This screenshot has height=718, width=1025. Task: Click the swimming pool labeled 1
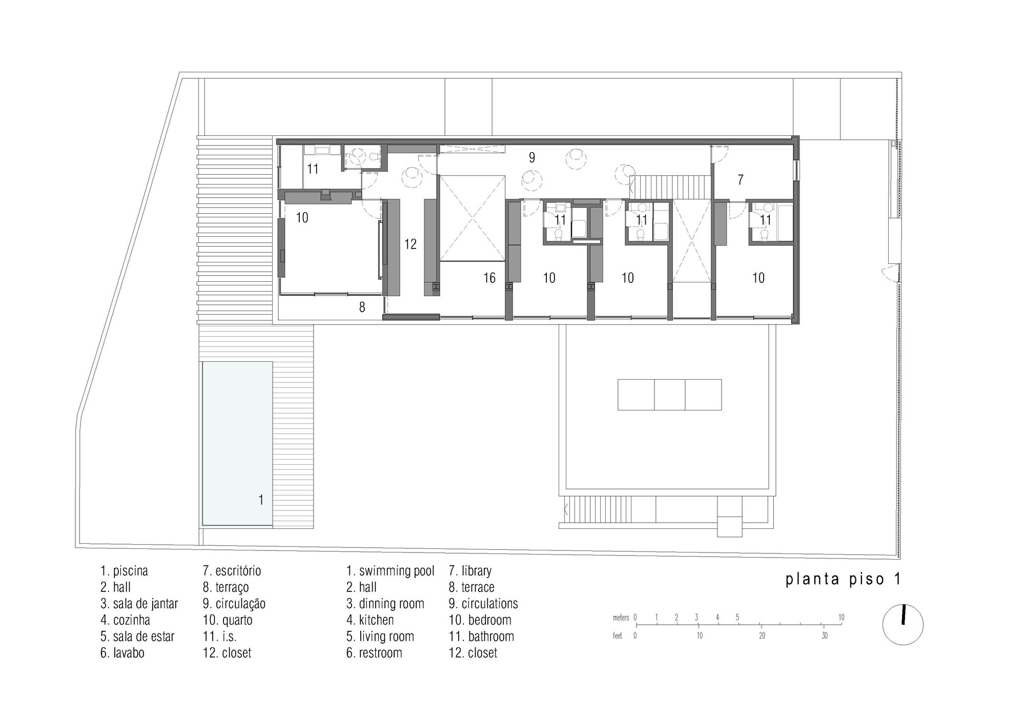coord(237,443)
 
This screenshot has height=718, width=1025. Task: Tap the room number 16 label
coord(489,278)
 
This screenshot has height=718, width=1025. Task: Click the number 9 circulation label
coord(532,157)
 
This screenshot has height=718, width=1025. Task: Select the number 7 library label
coord(741,180)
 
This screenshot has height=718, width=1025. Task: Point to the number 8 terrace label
coord(362,307)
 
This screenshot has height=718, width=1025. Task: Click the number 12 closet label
coord(410,244)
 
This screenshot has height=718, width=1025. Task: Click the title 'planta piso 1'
coord(843,579)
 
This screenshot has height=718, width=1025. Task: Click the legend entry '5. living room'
coord(380,637)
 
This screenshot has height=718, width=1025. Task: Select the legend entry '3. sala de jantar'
coord(139,604)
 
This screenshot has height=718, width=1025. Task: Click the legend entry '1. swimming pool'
coord(391,571)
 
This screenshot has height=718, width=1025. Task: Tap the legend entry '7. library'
coord(470,571)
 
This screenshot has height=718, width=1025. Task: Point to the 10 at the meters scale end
coord(841,618)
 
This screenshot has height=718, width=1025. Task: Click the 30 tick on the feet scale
coord(824,636)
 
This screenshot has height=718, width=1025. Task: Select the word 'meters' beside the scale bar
coord(621,618)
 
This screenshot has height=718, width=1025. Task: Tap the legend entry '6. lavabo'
coord(122,653)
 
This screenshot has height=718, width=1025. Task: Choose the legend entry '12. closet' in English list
coord(473,653)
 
